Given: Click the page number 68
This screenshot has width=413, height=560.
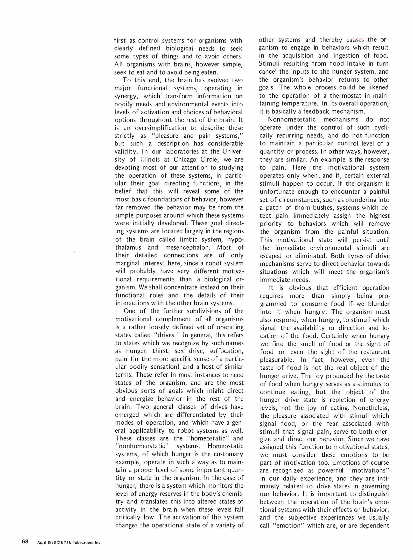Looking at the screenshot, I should [x=25, y=542].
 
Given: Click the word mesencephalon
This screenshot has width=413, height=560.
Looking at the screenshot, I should [x=189, y=247].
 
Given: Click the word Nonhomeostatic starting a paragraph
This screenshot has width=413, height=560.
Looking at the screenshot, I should [x=292, y=120].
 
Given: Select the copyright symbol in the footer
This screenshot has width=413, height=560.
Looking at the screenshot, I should [x=58, y=542].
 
